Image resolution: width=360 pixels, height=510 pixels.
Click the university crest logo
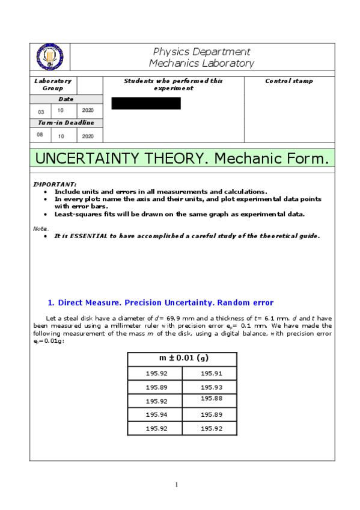pos(50,57)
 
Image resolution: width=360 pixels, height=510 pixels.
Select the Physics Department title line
pos(201,52)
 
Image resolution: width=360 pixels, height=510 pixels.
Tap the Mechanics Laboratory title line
pos(201,63)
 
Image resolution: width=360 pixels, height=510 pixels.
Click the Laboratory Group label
pos(52,84)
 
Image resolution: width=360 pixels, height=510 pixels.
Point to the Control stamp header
pos(288,81)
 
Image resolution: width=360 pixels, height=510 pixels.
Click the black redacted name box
pos(146,103)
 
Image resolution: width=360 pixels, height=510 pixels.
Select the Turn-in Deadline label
pos(66,123)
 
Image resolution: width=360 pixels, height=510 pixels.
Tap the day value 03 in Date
pos(41,111)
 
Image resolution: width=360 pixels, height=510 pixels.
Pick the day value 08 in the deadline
pos(40,135)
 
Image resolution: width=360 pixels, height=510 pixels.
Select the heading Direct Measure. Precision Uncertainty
pos(160,303)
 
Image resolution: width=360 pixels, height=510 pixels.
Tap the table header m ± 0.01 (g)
pos(183,358)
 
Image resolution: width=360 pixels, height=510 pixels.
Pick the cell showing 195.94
pos(156,415)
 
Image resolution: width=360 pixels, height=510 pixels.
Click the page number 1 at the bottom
pos(177,485)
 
